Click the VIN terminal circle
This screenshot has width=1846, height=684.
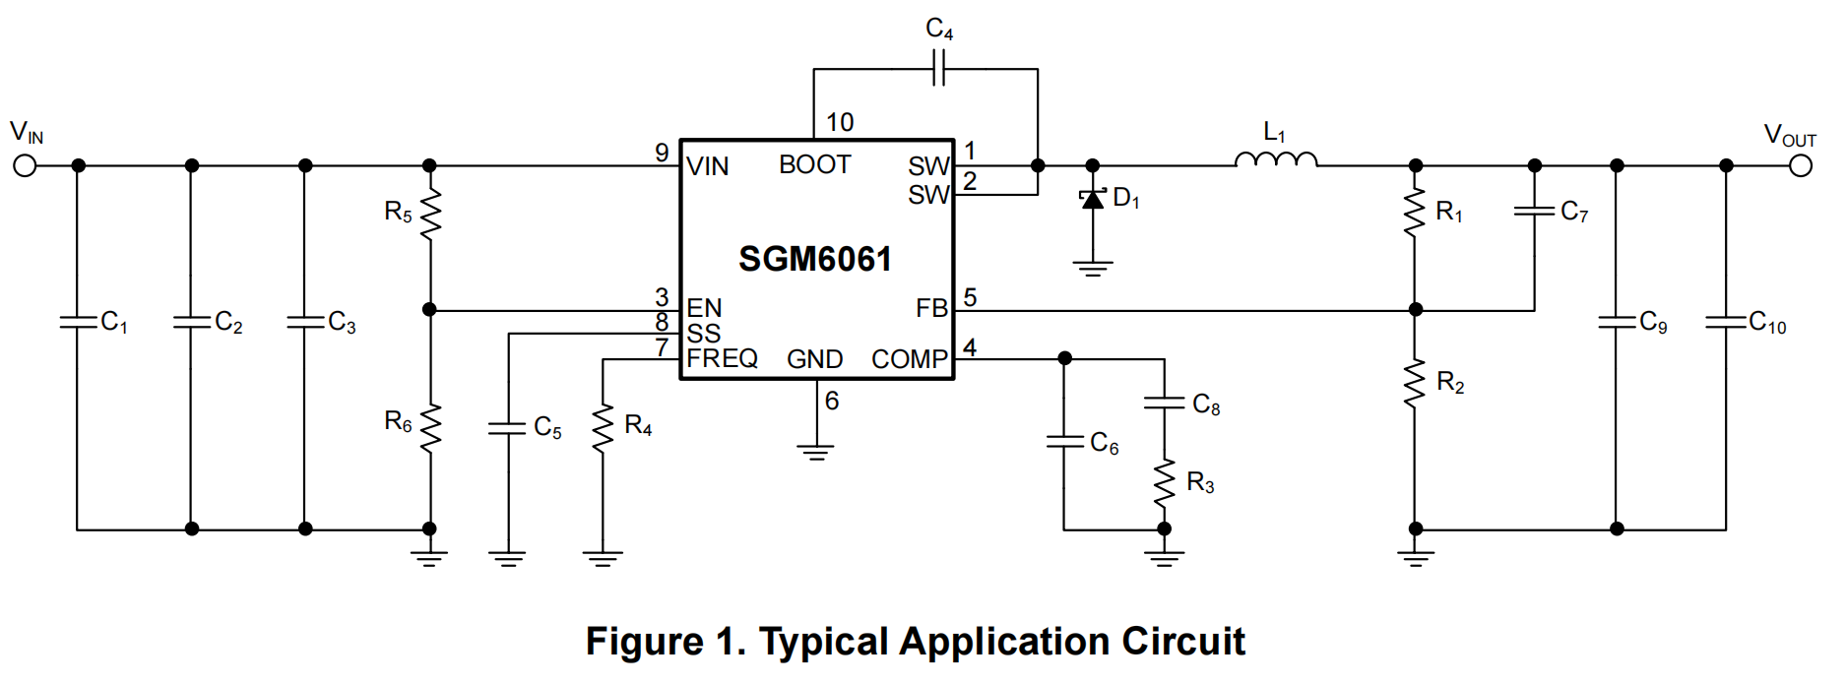pos(25,165)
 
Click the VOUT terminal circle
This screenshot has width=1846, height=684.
pos(1801,165)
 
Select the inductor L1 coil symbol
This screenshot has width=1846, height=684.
pos(1276,159)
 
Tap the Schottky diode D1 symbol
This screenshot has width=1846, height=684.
pos(1093,199)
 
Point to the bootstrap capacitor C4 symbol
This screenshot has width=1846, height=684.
pos(938,69)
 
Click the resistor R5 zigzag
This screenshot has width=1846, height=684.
pos(430,215)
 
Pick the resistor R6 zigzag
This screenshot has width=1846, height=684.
pos(430,428)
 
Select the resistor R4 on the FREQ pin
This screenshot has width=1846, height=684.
pos(603,428)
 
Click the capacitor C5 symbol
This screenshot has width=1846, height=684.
pos(508,427)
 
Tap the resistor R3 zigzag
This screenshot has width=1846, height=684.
pos(1165,483)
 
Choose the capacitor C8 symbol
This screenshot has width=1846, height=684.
pos(1165,402)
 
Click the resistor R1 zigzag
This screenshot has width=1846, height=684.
pos(1416,213)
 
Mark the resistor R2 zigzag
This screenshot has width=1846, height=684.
pos(1416,383)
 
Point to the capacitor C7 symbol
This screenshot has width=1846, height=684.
pos(1534,211)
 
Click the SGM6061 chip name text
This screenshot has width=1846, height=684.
pos(815,259)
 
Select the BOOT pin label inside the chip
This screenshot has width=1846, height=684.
pos(814,164)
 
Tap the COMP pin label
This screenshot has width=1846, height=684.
pos(909,359)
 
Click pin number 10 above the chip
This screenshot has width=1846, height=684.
pos(840,122)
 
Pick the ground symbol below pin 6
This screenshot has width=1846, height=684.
pos(816,452)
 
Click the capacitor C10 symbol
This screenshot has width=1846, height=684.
pos(1726,322)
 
